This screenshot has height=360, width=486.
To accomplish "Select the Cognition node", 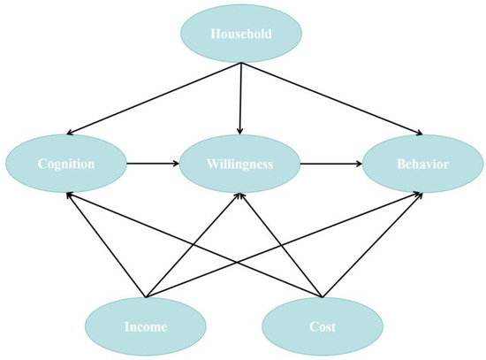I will click(65, 164).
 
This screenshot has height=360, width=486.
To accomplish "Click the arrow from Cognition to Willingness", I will click(151, 164).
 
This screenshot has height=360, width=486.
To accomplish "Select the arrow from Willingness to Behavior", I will click(328, 164).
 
